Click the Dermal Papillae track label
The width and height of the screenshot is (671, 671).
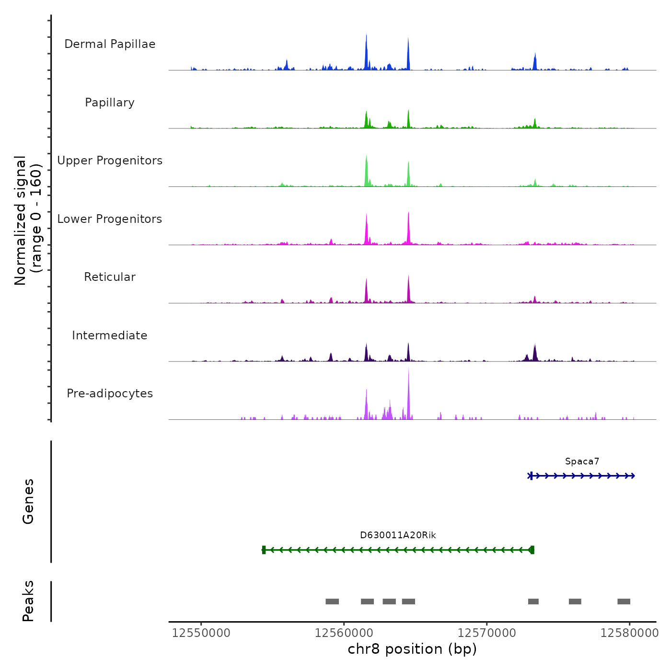110,44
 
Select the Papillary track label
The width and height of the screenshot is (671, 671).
110,103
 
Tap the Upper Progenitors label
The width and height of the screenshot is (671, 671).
110,161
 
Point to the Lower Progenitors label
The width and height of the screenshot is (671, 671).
110,219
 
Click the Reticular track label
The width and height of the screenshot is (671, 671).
110,277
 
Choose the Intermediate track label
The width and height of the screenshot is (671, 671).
110,335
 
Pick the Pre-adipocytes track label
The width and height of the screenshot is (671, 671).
110,393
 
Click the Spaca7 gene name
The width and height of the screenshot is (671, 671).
582,462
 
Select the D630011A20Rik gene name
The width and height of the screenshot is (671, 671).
398,535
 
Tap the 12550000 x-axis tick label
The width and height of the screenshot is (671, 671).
201,633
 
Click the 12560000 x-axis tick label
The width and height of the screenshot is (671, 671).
344,633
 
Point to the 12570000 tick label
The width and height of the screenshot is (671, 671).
486,633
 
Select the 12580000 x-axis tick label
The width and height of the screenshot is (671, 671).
629,633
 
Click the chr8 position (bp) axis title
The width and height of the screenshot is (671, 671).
412,649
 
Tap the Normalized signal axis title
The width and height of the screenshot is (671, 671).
28,220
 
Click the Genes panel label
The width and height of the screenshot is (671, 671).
28,501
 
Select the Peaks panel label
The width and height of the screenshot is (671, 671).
28,601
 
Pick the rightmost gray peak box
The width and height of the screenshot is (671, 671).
624,602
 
